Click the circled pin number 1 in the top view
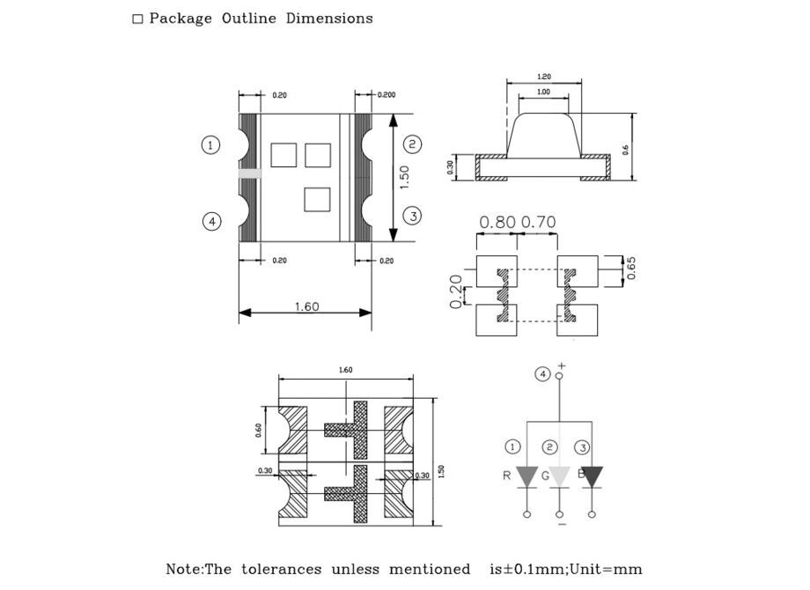tap(210, 144)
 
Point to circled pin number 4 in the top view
tap(211, 222)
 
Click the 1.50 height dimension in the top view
tap(404, 178)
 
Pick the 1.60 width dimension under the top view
tap(306, 306)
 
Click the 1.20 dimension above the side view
tap(544, 77)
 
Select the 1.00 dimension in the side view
tap(543, 92)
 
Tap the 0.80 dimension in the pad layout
tap(498, 222)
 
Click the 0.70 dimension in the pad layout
tap(539, 222)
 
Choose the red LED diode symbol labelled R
tap(526, 476)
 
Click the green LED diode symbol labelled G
tap(559, 476)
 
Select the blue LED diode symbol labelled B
tap(592, 476)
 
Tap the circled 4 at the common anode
tap(543, 374)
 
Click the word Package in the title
tap(180, 18)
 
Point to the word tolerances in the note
tap(280, 570)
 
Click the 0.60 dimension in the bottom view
tap(260, 430)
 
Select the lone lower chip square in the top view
tap(316, 199)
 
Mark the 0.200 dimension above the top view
tap(387, 94)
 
